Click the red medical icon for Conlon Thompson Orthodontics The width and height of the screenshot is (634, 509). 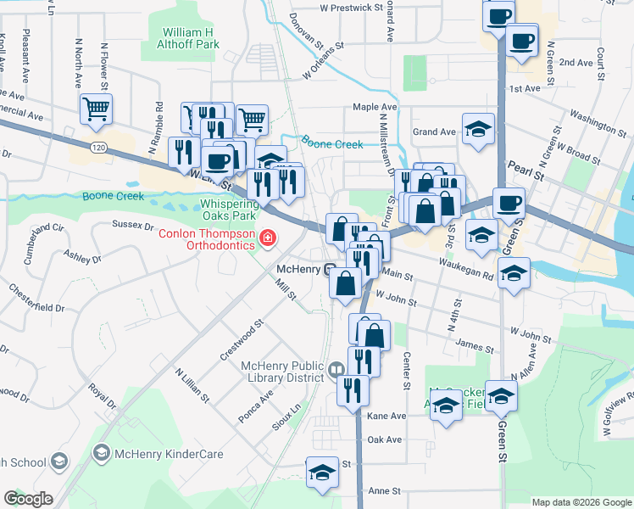point(269,238)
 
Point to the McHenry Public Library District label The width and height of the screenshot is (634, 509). point(282,372)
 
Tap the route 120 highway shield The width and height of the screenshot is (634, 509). point(100,148)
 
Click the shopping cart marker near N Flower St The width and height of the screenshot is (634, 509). point(96,109)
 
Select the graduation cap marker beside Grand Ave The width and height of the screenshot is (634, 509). point(478,129)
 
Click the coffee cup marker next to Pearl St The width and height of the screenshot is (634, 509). point(509,203)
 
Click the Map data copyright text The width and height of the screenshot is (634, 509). point(581,501)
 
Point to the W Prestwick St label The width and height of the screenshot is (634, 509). point(352,8)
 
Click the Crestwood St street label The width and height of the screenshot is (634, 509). point(242,340)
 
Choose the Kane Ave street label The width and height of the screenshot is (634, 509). point(387,416)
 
